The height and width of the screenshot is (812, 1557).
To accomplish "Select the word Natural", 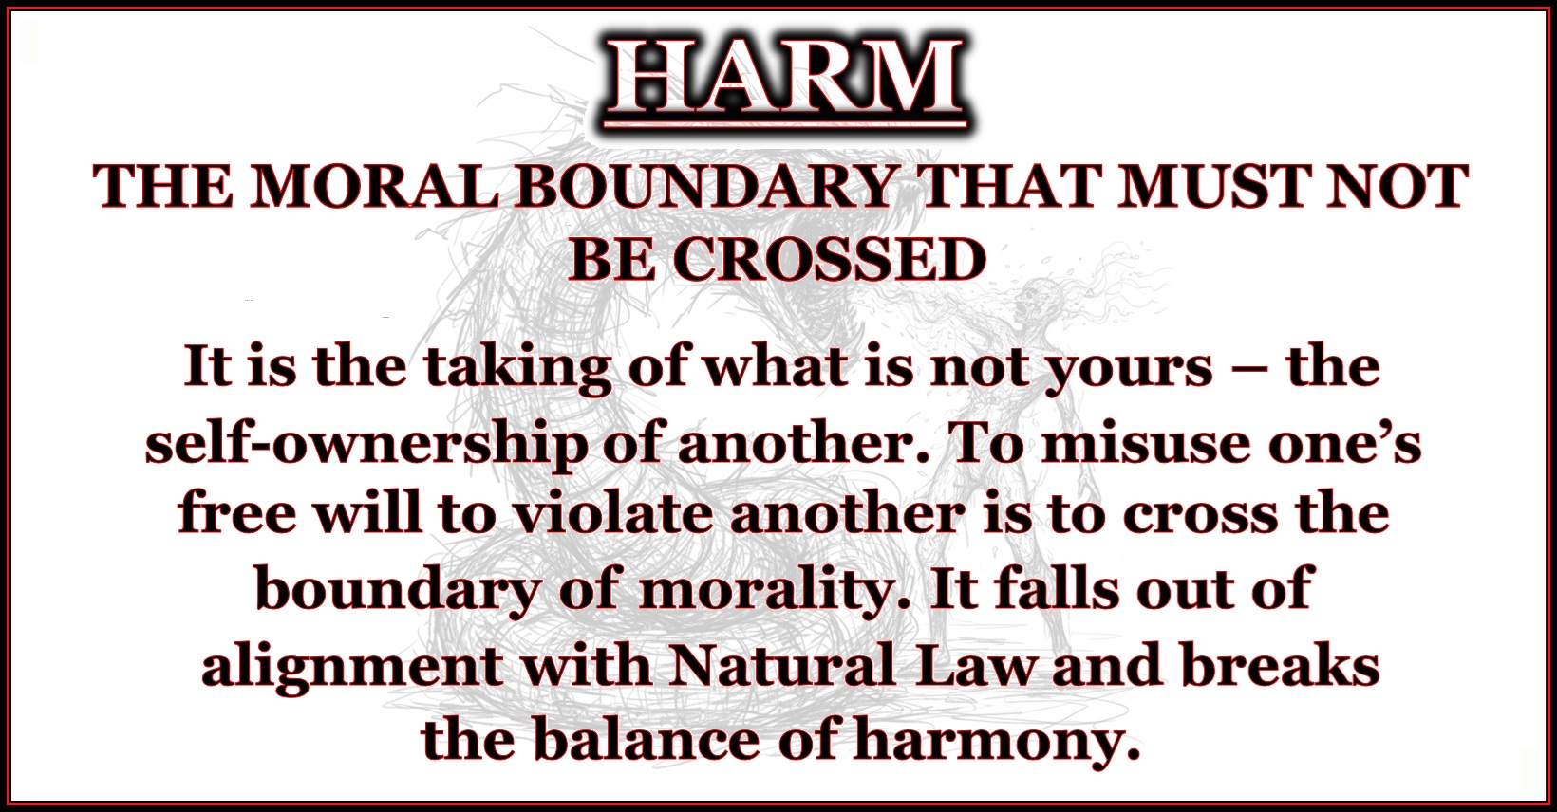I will point(769,665).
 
